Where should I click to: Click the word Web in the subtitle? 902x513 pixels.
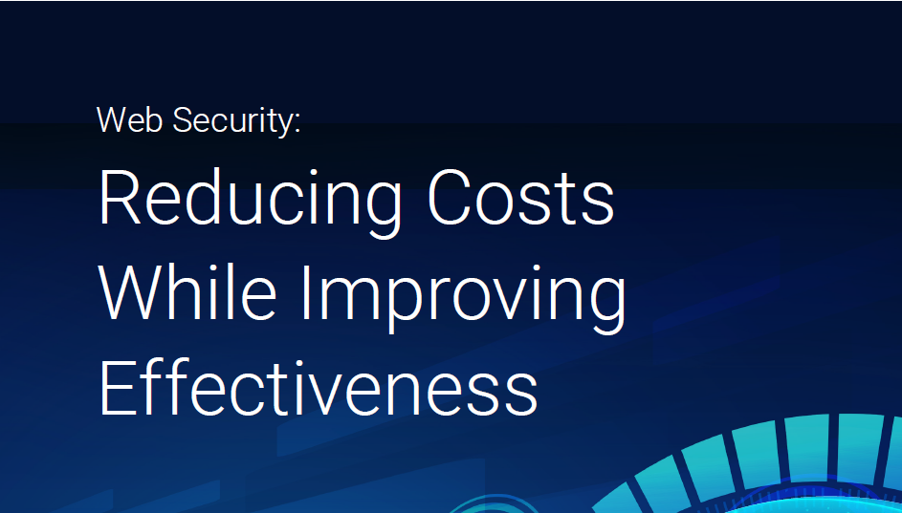coord(129,120)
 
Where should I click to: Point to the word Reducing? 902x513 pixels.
coord(250,201)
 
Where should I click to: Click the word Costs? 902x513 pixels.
coord(520,198)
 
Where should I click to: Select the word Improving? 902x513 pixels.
coord(464,297)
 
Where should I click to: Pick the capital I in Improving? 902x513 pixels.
coord(306,293)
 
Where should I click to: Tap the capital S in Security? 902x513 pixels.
coord(183,120)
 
